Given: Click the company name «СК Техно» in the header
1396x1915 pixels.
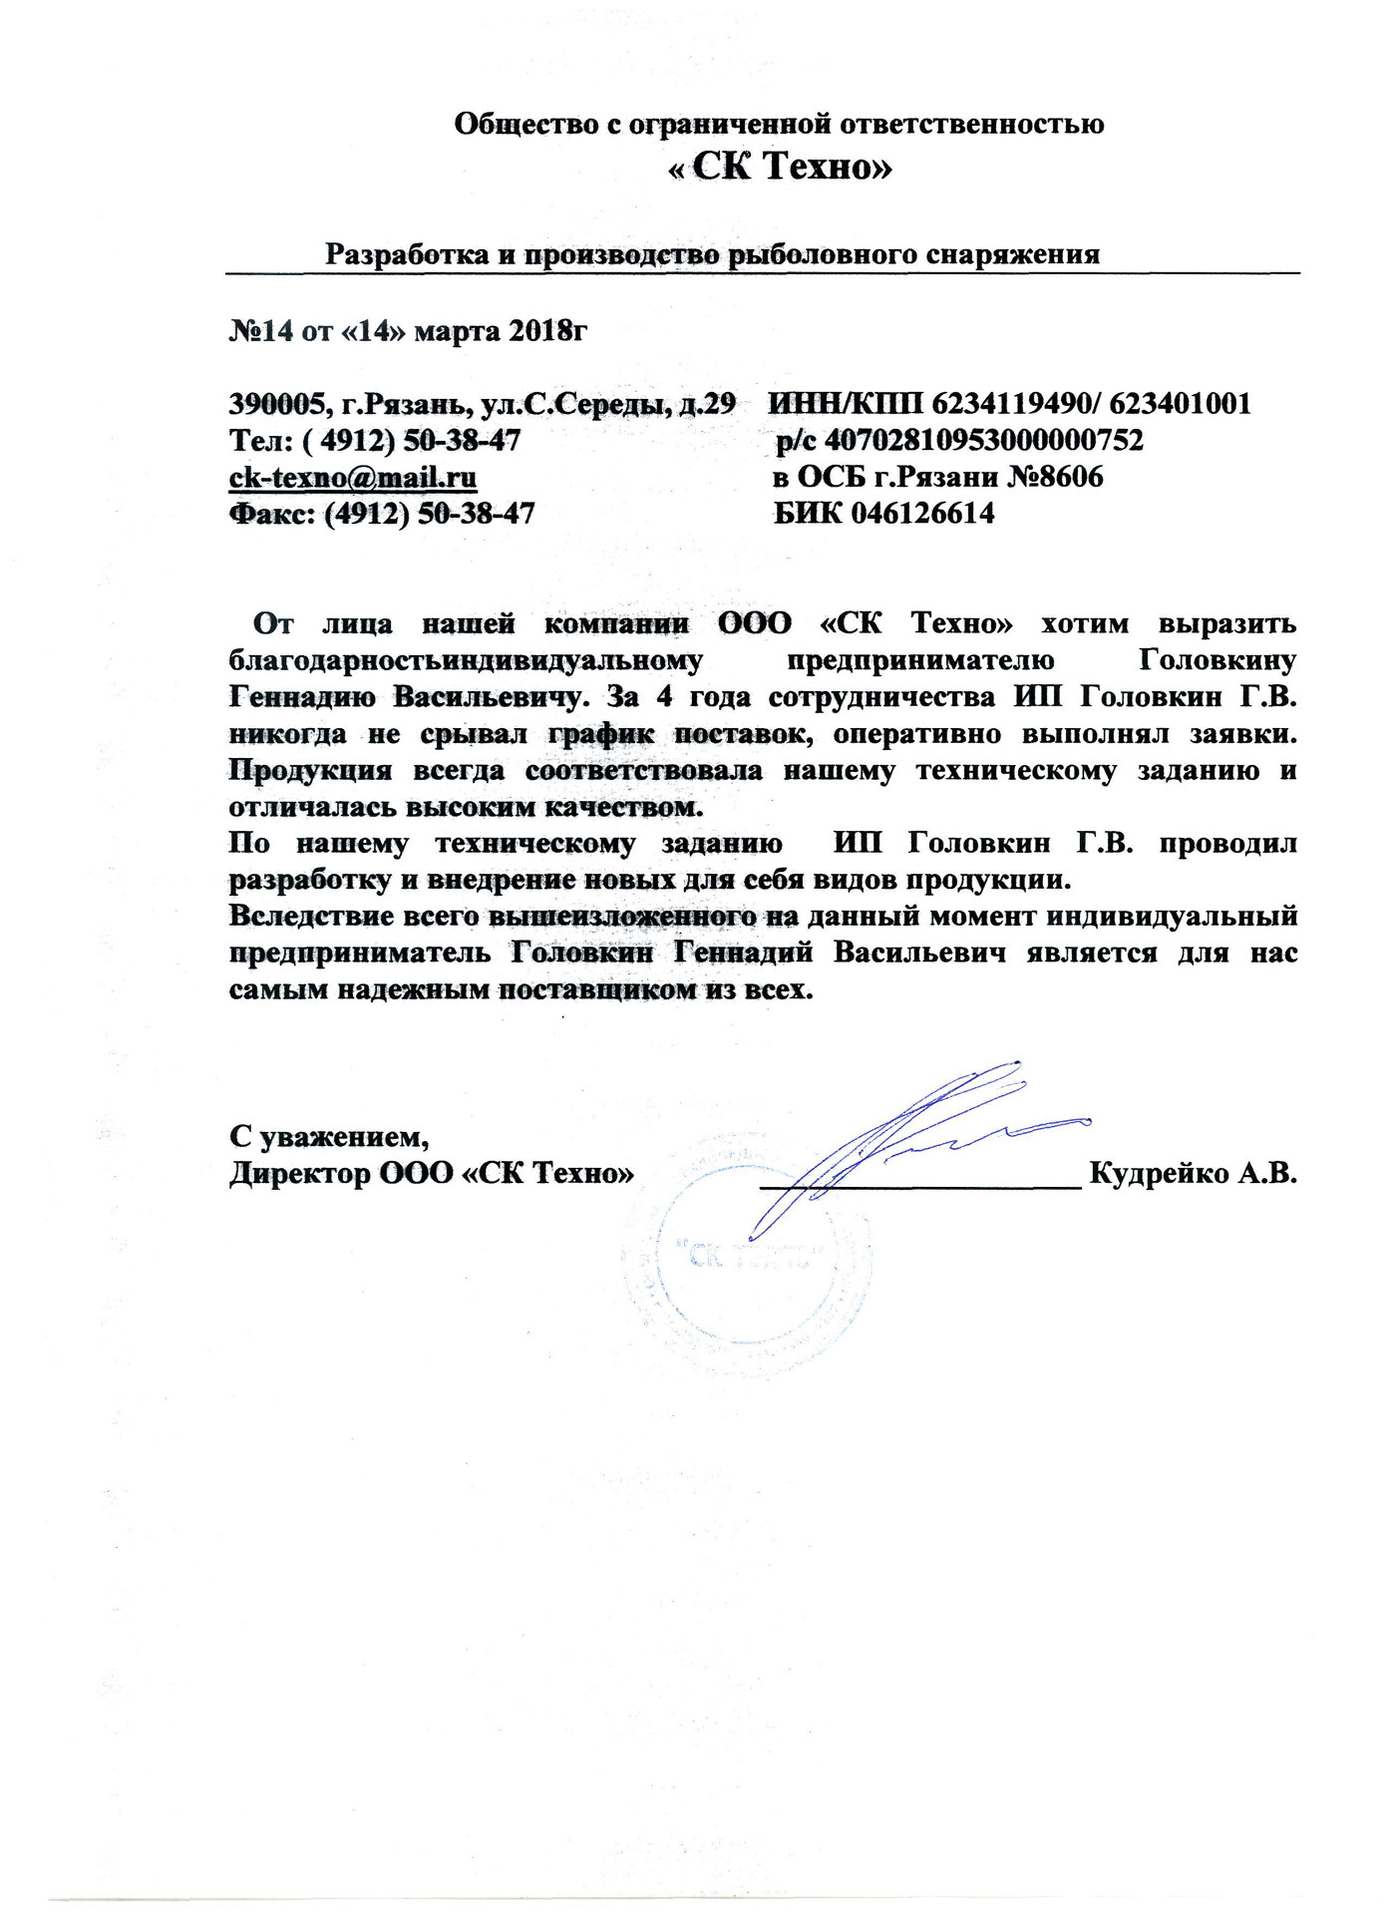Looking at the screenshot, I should coord(780,167).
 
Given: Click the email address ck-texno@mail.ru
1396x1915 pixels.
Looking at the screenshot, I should coord(353,477).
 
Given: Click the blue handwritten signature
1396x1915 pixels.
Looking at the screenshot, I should coord(897,1137).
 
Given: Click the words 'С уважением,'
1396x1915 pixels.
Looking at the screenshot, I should coord(329,1136).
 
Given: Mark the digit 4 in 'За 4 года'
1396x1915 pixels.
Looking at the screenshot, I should coord(664,697).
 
